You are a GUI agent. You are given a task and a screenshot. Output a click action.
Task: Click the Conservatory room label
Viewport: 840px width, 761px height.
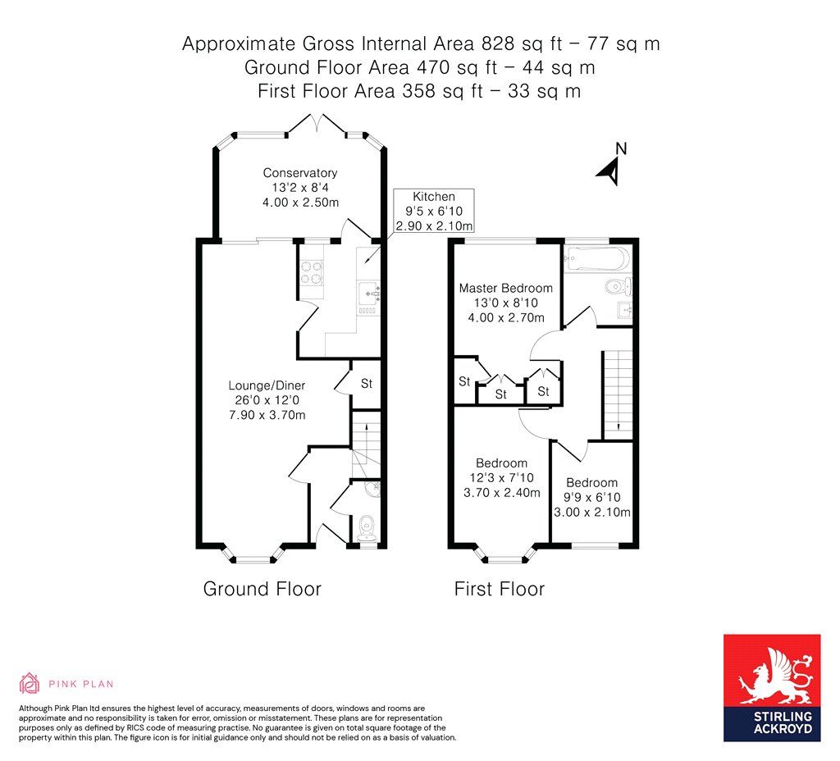(x=299, y=186)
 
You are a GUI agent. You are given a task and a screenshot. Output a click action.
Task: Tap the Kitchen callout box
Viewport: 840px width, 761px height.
(x=433, y=211)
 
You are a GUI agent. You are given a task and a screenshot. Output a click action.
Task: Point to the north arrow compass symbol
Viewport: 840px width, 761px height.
(x=610, y=166)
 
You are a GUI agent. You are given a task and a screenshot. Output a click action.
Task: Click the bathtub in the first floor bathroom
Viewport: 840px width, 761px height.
(x=597, y=259)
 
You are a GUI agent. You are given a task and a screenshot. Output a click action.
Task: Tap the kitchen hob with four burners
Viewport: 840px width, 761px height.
(x=312, y=272)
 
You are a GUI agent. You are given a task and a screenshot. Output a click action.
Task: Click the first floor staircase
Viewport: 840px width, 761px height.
(x=617, y=394)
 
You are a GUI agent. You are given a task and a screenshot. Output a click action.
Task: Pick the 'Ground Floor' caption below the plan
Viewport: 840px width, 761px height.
(x=262, y=589)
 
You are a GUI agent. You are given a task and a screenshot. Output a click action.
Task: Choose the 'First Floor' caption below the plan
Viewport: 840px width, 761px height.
(x=499, y=589)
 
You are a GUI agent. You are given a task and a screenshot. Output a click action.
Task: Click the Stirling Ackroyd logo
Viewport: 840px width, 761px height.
(x=771, y=687)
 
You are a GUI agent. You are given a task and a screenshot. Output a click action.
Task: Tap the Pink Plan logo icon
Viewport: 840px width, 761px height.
(x=30, y=683)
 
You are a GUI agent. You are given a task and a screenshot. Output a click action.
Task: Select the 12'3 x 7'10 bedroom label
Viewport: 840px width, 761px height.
(x=501, y=478)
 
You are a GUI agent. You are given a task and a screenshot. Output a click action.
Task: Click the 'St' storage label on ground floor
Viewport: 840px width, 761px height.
(x=367, y=384)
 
